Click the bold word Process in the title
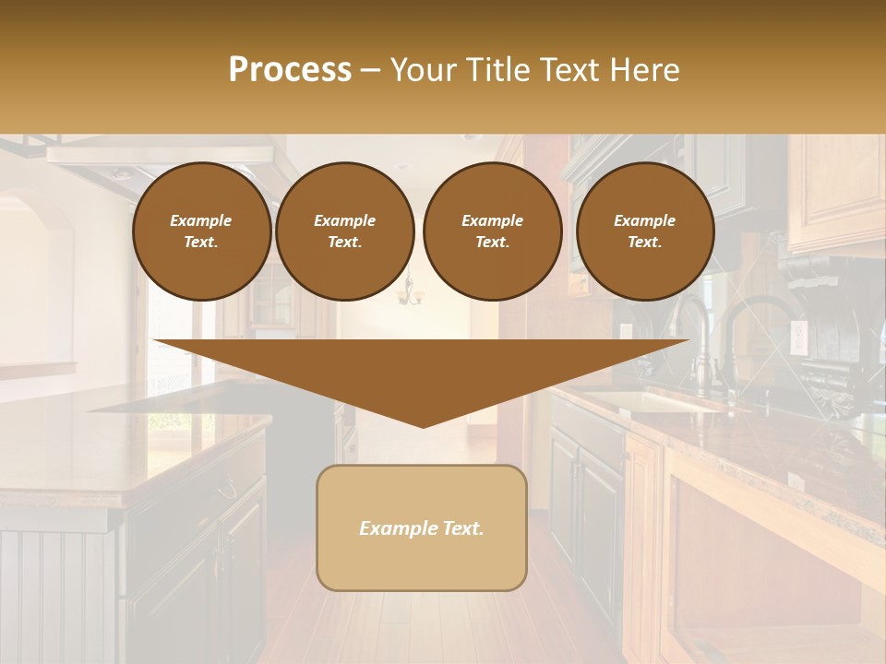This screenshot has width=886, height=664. [290, 70]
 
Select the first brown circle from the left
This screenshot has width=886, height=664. [201, 231]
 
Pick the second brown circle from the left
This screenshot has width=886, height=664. [345, 231]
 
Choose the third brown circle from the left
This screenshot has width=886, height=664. [492, 231]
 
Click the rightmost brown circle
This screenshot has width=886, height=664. [645, 231]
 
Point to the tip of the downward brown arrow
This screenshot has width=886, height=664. [423, 425]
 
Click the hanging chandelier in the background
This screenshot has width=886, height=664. [409, 293]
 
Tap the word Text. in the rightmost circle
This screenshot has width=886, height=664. [645, 242]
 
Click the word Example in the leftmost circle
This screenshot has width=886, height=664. [201, 220]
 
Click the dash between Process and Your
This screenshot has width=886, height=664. [371, 70]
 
